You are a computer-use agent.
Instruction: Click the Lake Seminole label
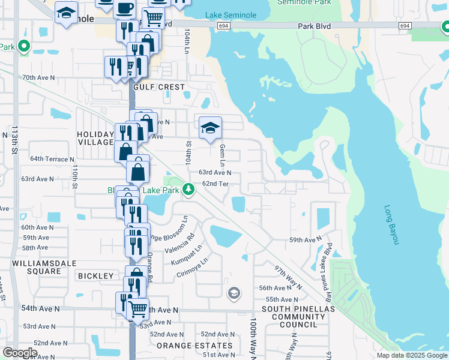(231, 15)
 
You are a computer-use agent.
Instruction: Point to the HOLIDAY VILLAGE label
(95, 138)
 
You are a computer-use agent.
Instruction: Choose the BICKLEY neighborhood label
(95, 275)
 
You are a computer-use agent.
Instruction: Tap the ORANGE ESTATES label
(194, 346)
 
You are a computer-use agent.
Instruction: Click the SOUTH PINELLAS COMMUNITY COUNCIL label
(289, 316)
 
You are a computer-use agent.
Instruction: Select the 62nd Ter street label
(215, 184)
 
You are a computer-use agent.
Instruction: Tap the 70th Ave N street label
(38, 77)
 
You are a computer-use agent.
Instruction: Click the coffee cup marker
(124, 8)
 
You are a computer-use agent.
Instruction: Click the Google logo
(20, 353)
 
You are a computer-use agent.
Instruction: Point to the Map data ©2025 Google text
(411, 355)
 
